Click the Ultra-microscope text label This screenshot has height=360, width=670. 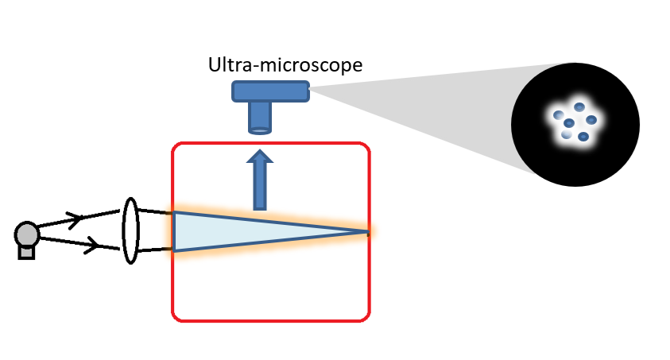point(285,64)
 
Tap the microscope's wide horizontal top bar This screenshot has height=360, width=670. point(270,91)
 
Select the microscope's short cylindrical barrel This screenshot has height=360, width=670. point(260,118)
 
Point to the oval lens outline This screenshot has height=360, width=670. point(131,230)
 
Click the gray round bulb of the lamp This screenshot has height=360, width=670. point(27,234)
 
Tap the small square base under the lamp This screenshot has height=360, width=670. point(27,252)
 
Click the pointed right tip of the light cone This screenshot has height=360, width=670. point(367,232)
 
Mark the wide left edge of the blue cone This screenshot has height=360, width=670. point(174,231)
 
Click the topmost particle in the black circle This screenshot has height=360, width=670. point(579,107)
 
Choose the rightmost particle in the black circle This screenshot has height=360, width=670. point(591,120)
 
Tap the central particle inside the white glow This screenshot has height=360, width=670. point(569,122)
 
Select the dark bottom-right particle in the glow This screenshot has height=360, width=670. point(583,137)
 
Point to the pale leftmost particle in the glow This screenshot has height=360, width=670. point(559,116)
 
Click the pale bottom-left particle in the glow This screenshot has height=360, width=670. point(566,134)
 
